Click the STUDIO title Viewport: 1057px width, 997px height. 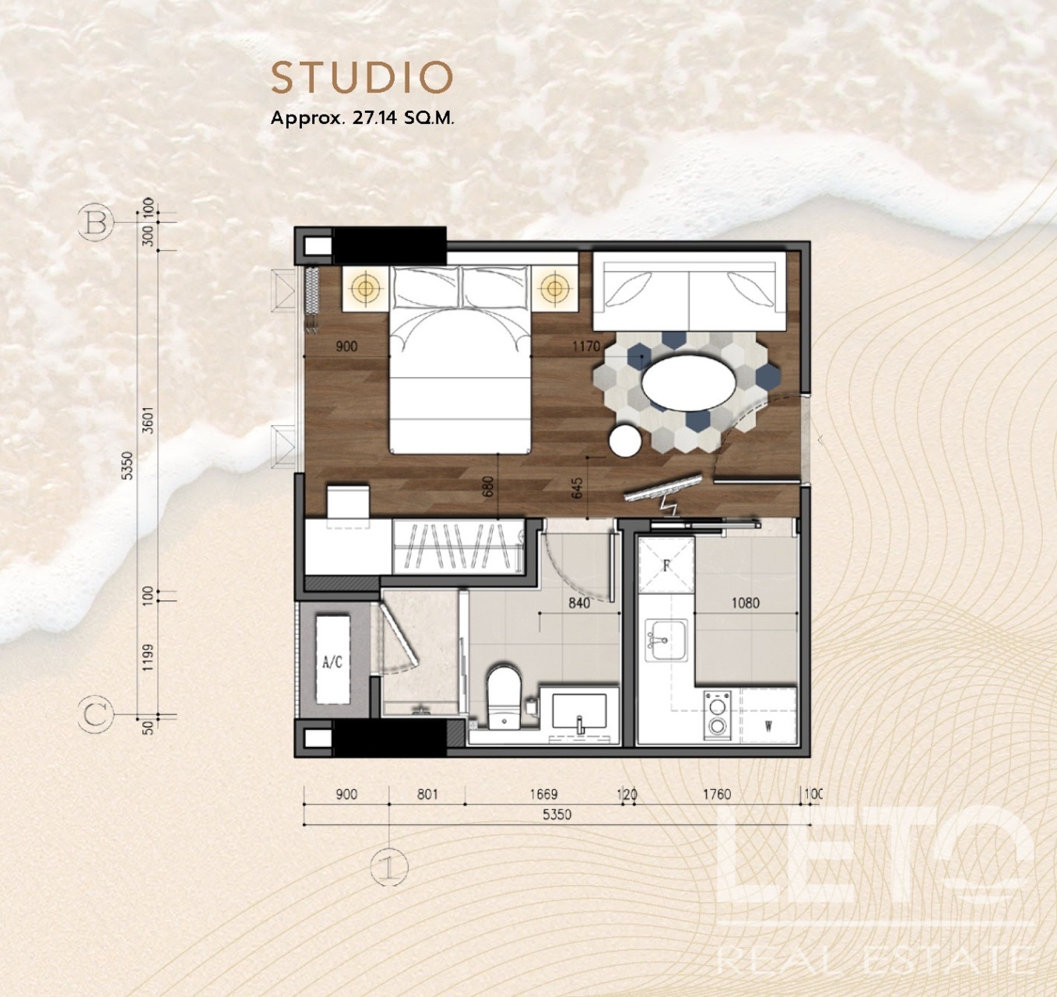point(362,77)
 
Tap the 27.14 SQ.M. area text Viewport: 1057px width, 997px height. point(403,118)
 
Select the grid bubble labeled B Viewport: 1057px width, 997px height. point(96,222)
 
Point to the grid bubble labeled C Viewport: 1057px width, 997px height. point(96,715)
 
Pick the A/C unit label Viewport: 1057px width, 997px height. point(332,662)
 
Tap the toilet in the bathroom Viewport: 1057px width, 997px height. point(504,696)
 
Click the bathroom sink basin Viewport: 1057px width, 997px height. point(580,710)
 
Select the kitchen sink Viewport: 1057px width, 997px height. point(665,639)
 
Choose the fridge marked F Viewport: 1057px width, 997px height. point(665,565)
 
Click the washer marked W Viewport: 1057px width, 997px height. point(768,714)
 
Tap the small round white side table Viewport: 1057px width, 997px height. point(625,440)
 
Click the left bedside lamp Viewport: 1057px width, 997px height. point(365,288)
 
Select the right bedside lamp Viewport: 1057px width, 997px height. point(555,288)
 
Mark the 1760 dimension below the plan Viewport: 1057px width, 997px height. point(717,794)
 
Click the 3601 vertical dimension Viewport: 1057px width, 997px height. point(149,421)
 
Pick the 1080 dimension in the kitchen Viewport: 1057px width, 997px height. point(745,603)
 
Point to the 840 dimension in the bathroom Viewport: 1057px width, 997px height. point(579,603)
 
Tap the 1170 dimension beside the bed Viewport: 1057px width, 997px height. point(586,347)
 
